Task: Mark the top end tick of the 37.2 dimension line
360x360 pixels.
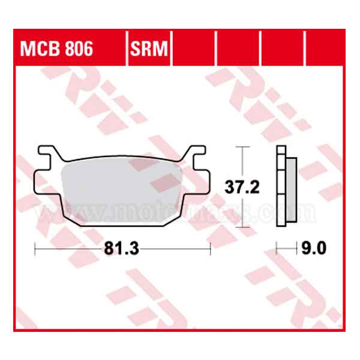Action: (x=242, y=146)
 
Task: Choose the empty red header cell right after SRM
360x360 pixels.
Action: (x=194, y=48)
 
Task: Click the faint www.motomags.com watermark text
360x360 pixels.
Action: (x=180, y=211)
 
